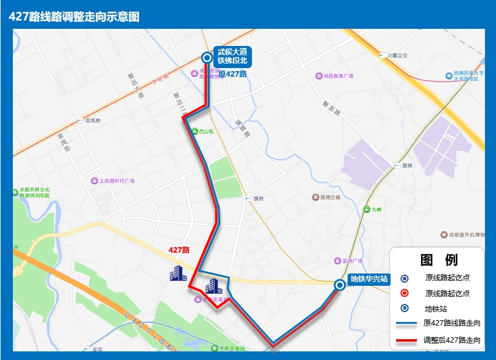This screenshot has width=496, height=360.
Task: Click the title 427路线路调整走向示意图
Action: [74, 17]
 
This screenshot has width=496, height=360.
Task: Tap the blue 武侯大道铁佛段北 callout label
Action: [231, 56]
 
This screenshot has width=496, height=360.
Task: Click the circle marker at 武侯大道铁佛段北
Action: [207, 58]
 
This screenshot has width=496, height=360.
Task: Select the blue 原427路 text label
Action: [233, 74]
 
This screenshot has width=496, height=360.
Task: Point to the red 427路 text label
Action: [179, 250]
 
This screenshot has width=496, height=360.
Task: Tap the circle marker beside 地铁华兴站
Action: [339, 285]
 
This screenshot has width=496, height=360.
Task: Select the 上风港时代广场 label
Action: [116, 181]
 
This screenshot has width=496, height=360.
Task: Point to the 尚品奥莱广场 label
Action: [338, 76]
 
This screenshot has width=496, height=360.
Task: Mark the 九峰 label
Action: [375, 210]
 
